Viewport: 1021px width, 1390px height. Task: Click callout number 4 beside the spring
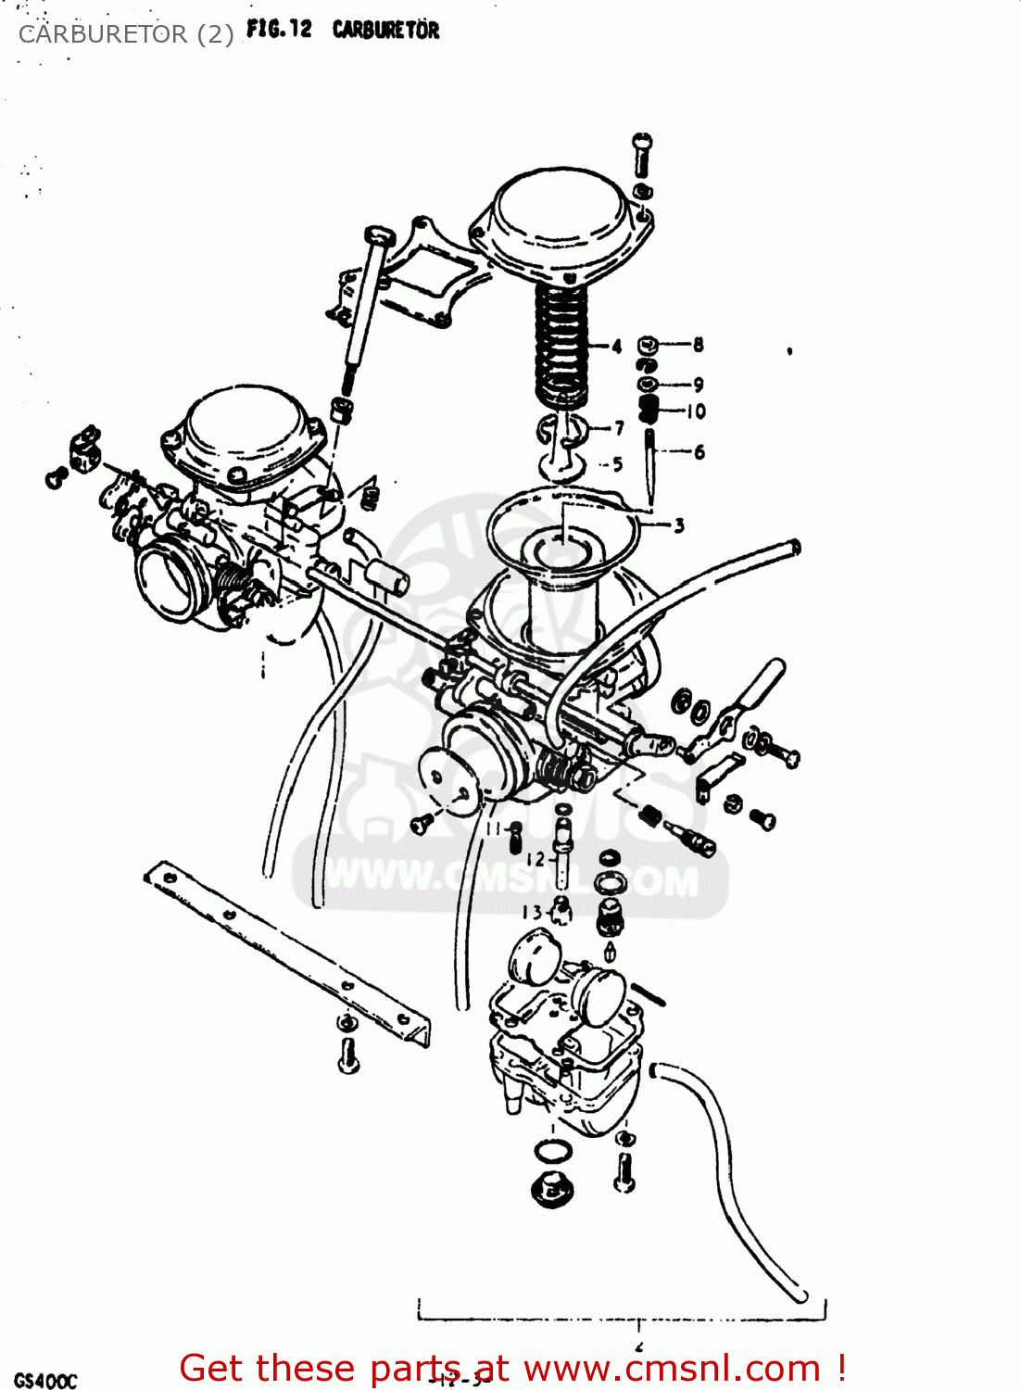tap(617, 347)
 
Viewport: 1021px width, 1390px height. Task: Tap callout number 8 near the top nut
tap(698, 345)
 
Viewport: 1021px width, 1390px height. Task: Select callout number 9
tap(698, 384)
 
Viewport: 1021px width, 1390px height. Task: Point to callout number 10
tap(696, 411)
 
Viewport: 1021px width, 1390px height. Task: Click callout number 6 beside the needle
tap(699, 451)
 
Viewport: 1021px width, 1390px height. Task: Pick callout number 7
tap(619, 427)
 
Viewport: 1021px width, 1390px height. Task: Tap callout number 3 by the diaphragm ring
tap(678, 525)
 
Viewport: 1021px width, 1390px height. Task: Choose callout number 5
tap(617, 464)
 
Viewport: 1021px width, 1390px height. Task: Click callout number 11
tap(493, 828)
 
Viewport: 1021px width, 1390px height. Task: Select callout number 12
tap(536, 859)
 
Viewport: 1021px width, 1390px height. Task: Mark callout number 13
tap(532, 912)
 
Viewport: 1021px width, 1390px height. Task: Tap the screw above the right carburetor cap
tap(642, 155)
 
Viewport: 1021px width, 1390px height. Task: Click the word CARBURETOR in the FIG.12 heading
tap(385, 30)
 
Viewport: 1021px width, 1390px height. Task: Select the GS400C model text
tap(45, 1381)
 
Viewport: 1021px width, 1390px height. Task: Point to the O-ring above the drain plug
tap(553, 1152)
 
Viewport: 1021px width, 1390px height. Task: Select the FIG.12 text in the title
tap(279, 29)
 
